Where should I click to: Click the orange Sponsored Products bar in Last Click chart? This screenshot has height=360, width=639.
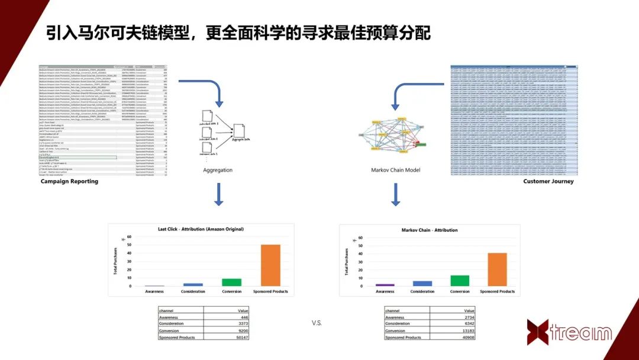[270, 265]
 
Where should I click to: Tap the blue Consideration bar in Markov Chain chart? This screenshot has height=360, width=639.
[422, 283]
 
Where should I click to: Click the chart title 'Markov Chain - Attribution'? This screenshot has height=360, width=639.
[429, 230]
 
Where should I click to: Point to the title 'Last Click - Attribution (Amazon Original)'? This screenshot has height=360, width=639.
[201, 229]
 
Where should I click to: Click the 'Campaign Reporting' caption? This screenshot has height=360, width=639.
[69, 181]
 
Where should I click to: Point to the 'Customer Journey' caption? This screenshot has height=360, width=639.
[548, 181]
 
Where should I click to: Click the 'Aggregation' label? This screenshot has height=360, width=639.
[218, 170]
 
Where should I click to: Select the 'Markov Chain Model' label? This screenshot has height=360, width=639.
[395, 170]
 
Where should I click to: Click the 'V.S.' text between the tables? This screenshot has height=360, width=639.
[317, 323]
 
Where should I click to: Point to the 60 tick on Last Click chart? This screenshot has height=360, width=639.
[130, 237]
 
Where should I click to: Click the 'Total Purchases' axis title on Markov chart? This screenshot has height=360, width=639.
[347, 262]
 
